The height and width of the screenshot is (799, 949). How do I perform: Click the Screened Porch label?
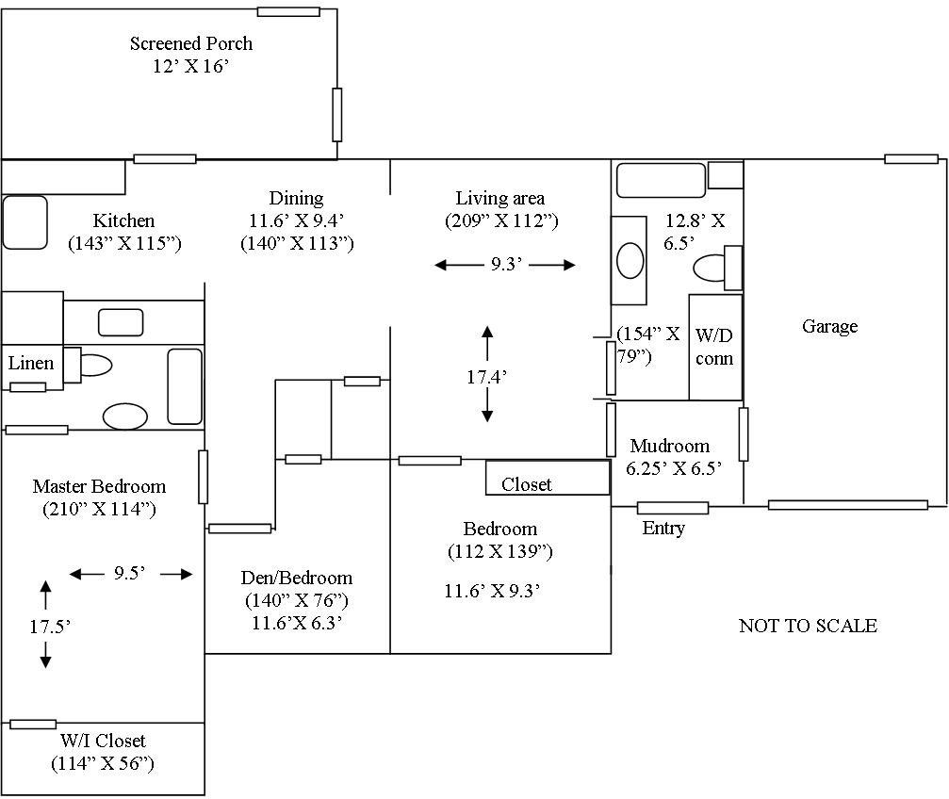coord(191,43)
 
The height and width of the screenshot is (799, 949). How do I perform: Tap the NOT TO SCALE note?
coord(808,626)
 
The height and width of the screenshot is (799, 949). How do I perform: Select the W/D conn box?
coord(715,347)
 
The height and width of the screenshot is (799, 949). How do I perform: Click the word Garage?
coord(829,326)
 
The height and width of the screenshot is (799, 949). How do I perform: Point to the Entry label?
coord(663,529)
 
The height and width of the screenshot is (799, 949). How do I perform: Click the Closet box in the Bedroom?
coord(547,478)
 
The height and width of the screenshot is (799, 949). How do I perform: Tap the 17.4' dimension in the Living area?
coord(487,376)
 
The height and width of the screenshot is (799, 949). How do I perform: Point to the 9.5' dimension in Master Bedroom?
coord(130,574)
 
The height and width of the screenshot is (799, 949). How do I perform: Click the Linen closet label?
coord(31,363)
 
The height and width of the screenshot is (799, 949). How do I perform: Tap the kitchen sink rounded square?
coord(25,222)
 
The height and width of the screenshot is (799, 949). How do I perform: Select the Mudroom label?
coord(670,446)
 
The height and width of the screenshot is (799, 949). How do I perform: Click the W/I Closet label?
coord(102,742)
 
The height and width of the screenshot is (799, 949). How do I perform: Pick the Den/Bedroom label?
coord(297,578)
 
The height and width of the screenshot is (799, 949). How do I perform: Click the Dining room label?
coord(296,198)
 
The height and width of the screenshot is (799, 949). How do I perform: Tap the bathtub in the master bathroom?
coord(185,386)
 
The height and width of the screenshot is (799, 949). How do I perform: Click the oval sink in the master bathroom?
coord(124,416)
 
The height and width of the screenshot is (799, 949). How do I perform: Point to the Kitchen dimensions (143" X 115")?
coord(124,243)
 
